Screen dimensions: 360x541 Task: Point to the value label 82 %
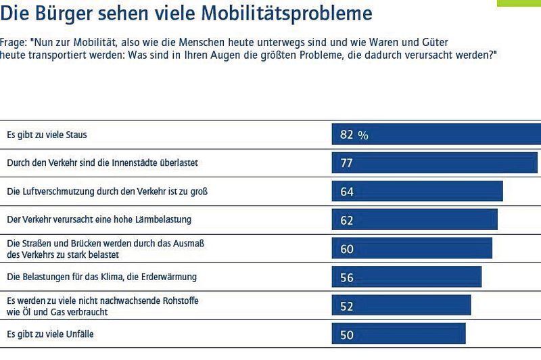tap(354, 135)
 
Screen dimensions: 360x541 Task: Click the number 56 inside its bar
tap(347, 277)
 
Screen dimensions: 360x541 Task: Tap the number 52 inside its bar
tap(347, 306)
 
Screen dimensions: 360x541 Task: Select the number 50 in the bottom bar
tap(347, 334)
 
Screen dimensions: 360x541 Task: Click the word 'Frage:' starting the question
tap(16, 42)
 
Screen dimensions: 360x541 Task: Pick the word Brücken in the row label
tap(81, 243)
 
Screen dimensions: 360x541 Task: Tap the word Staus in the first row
tap(76, 135)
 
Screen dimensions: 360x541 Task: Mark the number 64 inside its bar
tap(347, 192)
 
